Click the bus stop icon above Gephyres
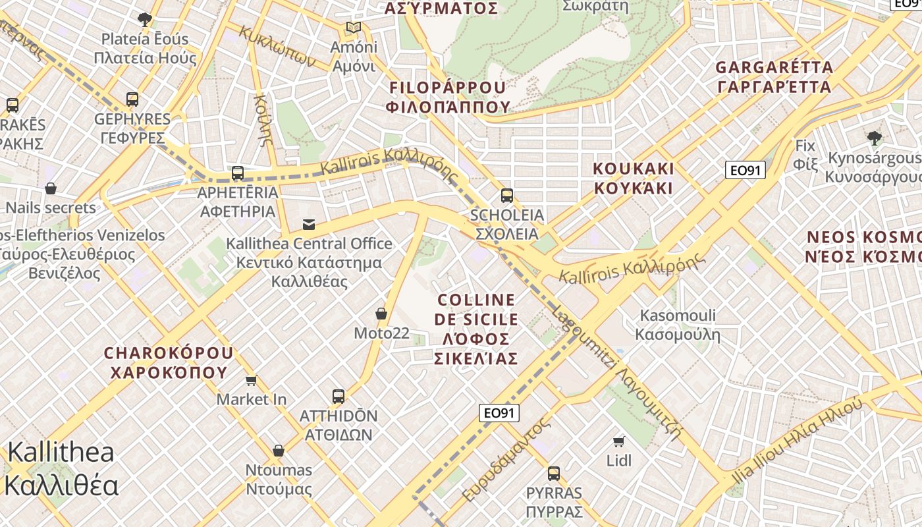coord(132,99)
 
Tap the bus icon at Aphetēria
coord(238,173)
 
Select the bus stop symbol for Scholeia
coord(506,195)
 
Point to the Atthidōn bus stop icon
coord(339,396)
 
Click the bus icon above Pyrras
coord(554,473)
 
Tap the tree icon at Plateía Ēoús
coord(145,19)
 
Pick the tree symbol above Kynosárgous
coord(875,138)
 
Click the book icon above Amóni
coord(354,28)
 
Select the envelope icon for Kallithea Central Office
coord(309,224)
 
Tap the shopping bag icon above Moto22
coord(381,313)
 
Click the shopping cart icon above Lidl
coord(618,441)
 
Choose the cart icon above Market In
coord(251,380)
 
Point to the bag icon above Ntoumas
coord(279,451)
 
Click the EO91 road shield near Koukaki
coord(746,170)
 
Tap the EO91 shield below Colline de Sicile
coord(499,413)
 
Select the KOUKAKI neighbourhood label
coord(634,179)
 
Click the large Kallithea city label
coord(61,469)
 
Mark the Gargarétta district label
coord(774,77)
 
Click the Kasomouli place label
coord(678,325)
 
